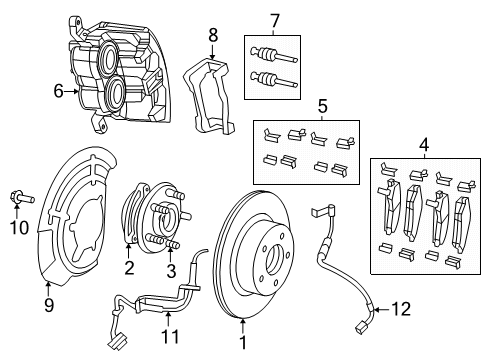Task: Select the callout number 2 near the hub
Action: click(x=128, y=266)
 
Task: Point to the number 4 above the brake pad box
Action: click(x=424, y=146)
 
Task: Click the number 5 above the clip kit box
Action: click(x=322, y=106)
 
